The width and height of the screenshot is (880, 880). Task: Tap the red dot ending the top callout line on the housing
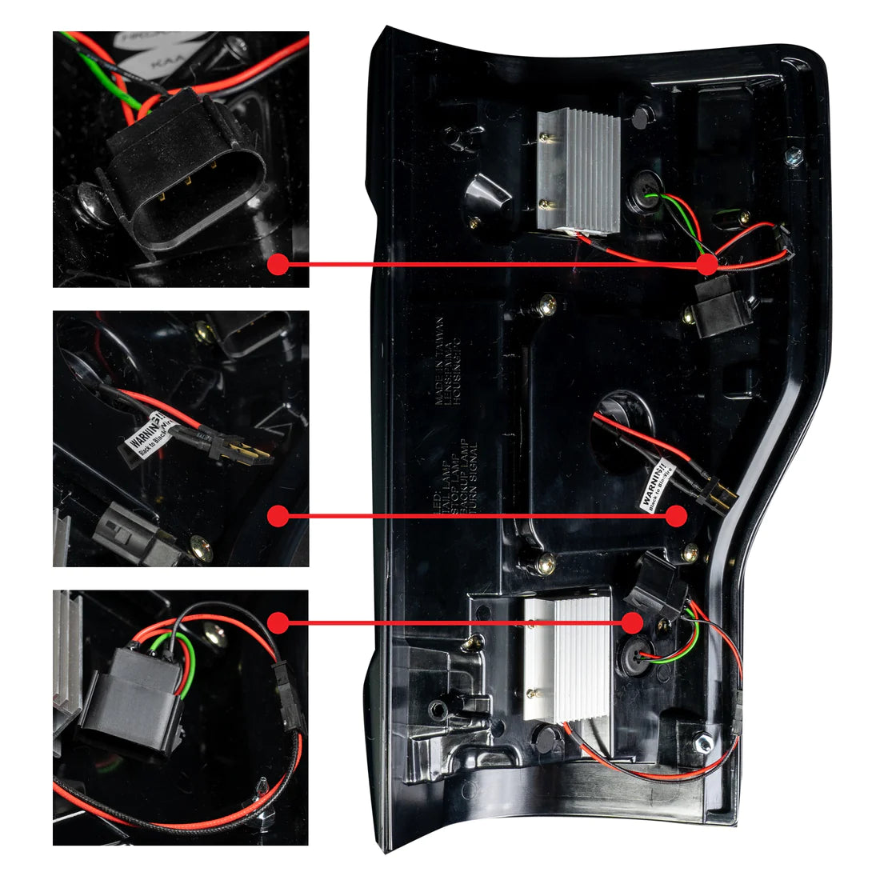tap(707, 264)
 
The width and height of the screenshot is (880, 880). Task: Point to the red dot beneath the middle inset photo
tap(278, 517)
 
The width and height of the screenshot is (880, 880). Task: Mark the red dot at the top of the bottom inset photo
tap(278, 622)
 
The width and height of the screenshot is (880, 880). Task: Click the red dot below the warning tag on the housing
tap(677, 516)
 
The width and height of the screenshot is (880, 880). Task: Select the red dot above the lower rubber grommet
tap(632, 622)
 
